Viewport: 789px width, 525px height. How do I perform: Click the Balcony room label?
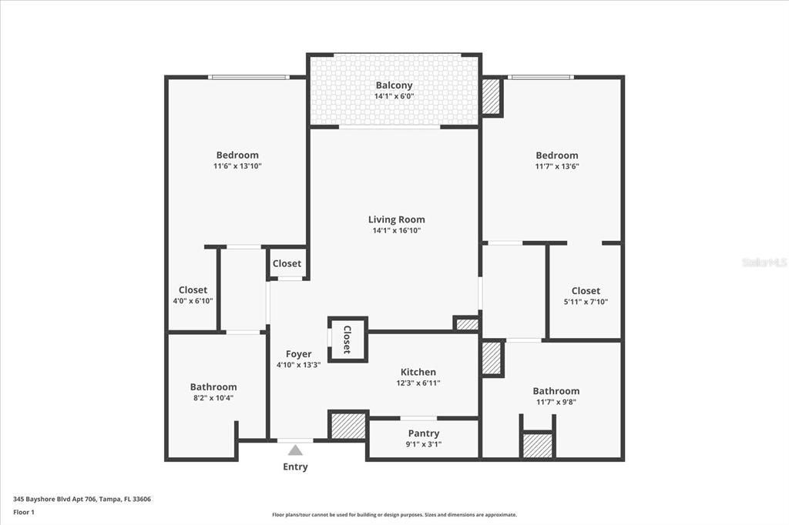point(394,85)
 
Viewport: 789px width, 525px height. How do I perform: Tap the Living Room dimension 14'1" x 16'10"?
point(396,230)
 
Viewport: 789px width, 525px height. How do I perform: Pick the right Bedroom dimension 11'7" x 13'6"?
point(557,166)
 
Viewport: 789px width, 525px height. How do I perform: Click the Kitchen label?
point(418,372)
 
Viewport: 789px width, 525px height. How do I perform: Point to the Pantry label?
point(424,433)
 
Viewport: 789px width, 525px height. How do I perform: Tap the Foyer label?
point(298,354)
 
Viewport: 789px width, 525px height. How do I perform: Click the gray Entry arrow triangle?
point(295,450)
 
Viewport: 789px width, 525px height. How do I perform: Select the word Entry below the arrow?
point(295,466)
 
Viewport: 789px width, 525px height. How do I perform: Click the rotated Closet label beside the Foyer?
point(347,339)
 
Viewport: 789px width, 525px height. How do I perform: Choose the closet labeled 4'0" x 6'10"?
point(193,296)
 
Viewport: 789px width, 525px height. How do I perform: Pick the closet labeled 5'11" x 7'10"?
point(586,296)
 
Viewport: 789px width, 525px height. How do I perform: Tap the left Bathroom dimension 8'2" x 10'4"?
point(213,398)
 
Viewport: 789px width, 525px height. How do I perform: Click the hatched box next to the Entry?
point(347,425)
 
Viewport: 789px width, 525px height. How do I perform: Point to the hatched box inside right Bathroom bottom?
point(537,445)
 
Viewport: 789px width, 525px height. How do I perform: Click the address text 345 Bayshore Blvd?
point(82,499)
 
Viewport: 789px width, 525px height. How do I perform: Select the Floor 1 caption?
point(25,512)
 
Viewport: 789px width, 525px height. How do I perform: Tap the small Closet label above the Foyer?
point(287,263)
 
